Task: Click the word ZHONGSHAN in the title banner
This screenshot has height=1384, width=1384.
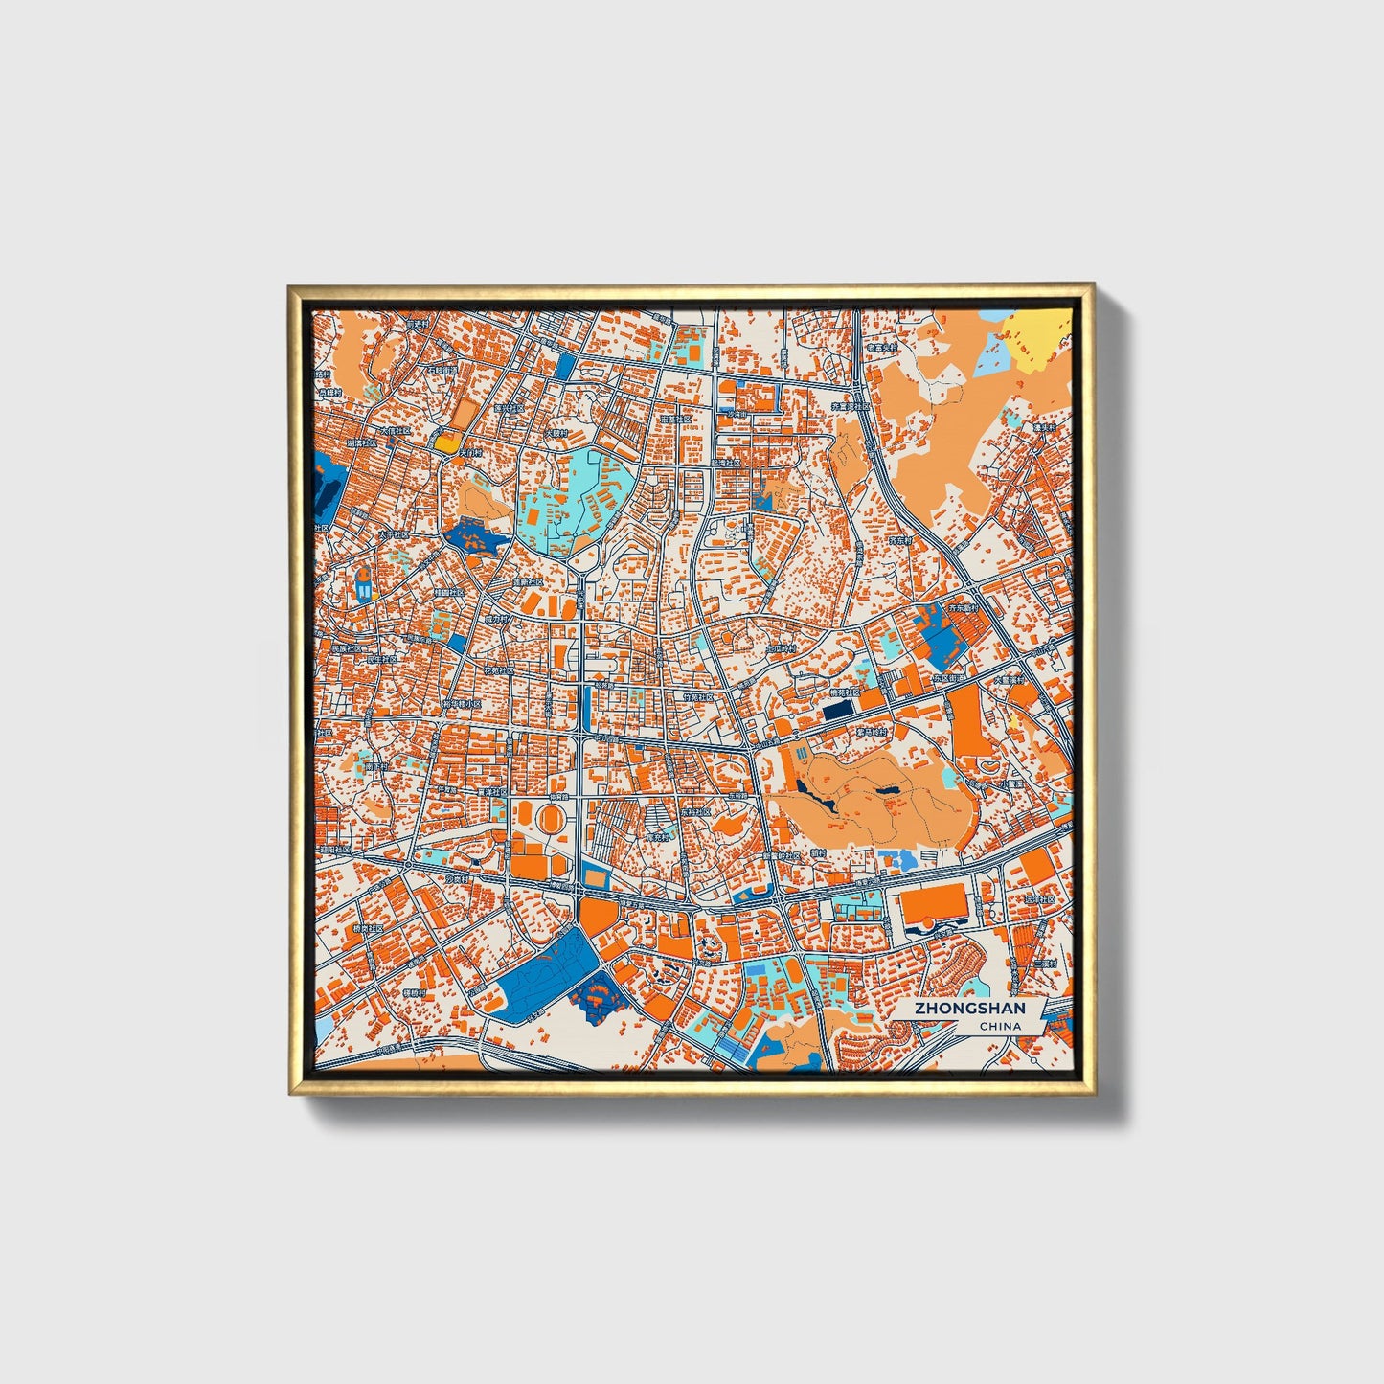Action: pos(969,1009)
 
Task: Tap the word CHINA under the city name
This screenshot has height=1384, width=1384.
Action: pos(1000,1026)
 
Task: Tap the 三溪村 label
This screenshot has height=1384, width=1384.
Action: pos(1044,964)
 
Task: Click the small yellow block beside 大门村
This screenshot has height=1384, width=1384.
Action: pos(446,442)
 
